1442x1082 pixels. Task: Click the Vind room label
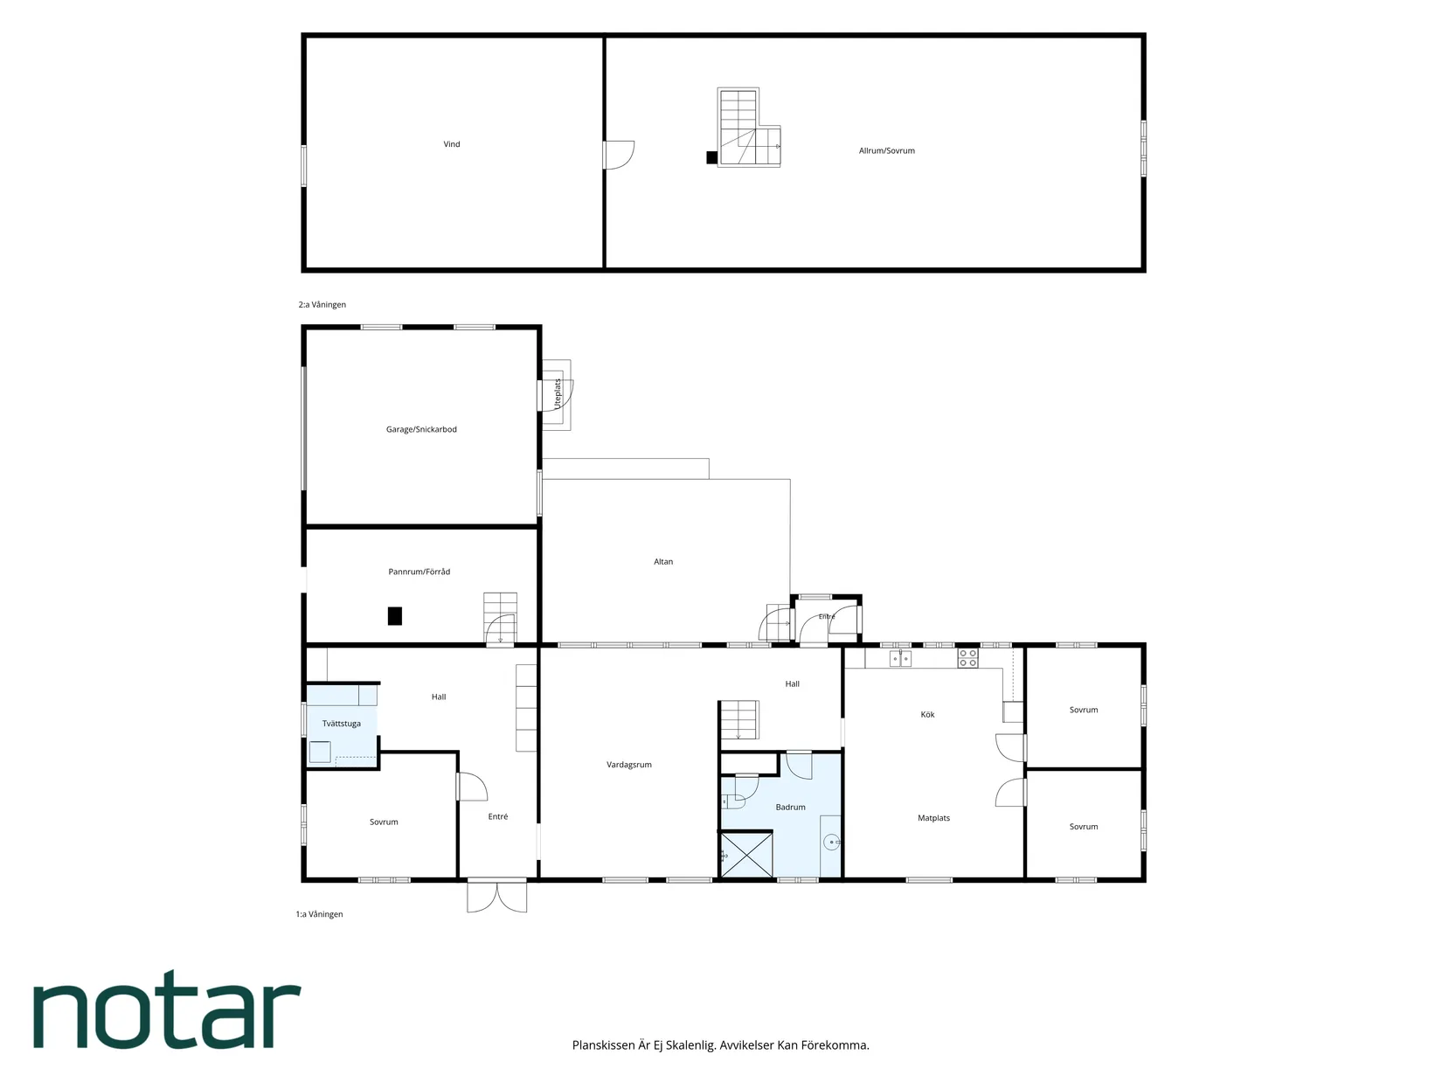pyautogui.click(x=451, y=144)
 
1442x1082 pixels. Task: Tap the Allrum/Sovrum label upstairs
pyautogui.click(x=886, y=151)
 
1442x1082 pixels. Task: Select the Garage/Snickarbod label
pyautogui.click(x=421, y=430)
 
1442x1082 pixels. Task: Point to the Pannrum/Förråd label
pyautogui.click(x=419, y=572)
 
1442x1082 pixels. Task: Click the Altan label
pyautogui.click(x=662, y=562)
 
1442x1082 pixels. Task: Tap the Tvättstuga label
pyautogui.click(x=341, y=724)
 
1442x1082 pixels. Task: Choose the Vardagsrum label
pyautogui.click(x=628, y=765)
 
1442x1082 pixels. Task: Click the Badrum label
pyautogui.click(x=790, y=808)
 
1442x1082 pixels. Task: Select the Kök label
pyautogui.click(x=927, y=715)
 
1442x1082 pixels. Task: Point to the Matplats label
pyautogui.click(x=933, y=819)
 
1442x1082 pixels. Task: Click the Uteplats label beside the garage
pyautogui.click(x=558, y=393)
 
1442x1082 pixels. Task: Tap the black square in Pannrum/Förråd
pyautogui.click(x=394, y=616)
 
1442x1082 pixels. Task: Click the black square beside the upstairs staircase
pyautogui.click(x=711, y=157)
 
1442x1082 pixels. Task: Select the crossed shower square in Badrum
pyautogui.click(x=746, y=855)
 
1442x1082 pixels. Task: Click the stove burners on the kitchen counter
pyautogui.click(x=967, y=658)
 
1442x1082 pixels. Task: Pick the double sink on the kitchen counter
pyautogui.click(x=900, y=658)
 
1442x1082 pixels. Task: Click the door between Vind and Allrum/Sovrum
pyautogui.click(x=619, y=155)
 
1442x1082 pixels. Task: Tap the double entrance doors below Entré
pyautogui.click(x=496, y=896)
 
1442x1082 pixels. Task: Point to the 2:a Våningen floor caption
pyautogui.click(x=322, y=305)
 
